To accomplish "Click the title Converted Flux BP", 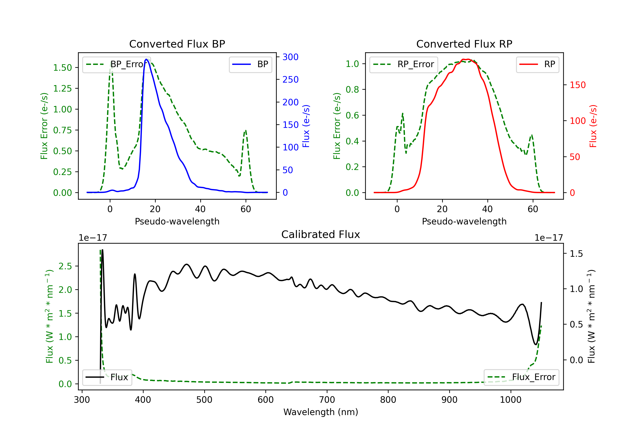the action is (x=177, y=44).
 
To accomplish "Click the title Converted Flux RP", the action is (x=464, y=44).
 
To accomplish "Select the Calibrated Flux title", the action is (x=321, y=234).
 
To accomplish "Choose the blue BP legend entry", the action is (x=250, y=64).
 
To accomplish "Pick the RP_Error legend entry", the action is (x=404, y=64).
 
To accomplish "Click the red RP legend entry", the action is (x=537, y=64).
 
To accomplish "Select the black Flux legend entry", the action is (x=107, y=377).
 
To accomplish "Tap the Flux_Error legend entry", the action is (x=521, y=377).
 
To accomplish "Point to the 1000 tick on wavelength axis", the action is (x=510, y=400).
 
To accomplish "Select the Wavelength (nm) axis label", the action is (x=321, y=412).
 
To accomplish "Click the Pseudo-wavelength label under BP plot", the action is (x=177, y=221).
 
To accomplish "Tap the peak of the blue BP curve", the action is (x=146, y=59).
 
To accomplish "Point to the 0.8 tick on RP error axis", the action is (x=352, y=90).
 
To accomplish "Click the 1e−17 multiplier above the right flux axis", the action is (x=549, y=238).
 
